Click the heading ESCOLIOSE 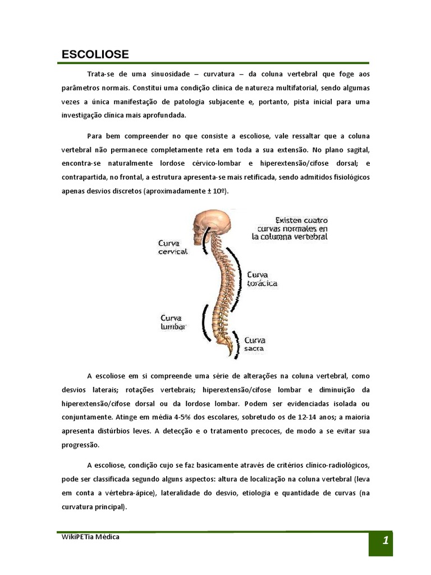pos(95,54)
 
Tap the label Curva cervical pos(173,247)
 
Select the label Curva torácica pos(262,279)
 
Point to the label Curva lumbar pos(173,322)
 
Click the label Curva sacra pos(255,344)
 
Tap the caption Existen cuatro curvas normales pos(294,229)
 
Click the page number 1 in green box pos(385,541)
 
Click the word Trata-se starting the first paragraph pos(102,74)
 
